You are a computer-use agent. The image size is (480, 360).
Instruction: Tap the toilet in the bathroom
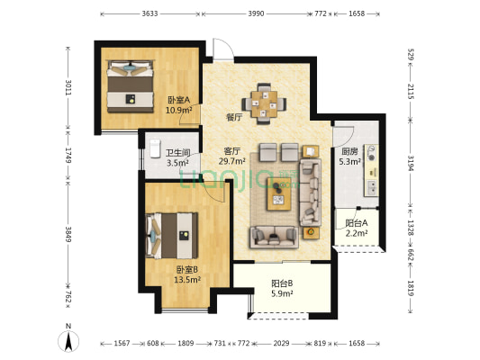tap(155, 148)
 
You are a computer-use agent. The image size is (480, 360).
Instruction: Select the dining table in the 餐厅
tap(264, 104)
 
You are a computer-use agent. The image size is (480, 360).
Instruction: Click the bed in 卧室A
tap(130, 86)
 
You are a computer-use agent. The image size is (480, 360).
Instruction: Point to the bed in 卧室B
tap(172, 236)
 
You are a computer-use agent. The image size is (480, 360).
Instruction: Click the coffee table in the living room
tap(279, 193)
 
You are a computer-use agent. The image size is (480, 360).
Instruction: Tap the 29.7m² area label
tap(231, 161)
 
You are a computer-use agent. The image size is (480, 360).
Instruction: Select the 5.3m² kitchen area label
tap(349, 161)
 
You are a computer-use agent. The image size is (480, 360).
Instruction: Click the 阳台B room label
tap(282, 283)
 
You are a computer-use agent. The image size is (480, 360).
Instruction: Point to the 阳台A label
tap(357, 223)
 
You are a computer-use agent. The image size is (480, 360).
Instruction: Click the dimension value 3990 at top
tap(257, 13)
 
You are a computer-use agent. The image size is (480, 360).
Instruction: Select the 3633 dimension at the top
tap(149, 13)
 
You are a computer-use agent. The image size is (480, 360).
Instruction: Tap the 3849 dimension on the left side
tap(68, 234)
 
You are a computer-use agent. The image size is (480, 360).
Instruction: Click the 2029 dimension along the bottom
tap(281, 344)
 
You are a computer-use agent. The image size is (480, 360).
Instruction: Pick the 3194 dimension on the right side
tap(411, 163)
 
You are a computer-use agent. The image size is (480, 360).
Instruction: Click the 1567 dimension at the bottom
tap(122, 344)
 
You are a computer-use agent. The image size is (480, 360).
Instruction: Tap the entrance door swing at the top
tap(223, 49)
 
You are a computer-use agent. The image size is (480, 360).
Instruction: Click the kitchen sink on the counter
tap(372, 187)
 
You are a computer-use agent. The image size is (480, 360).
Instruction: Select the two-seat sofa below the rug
tap(274, 237)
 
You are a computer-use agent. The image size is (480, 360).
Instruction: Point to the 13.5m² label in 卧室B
tap(187, 279)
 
